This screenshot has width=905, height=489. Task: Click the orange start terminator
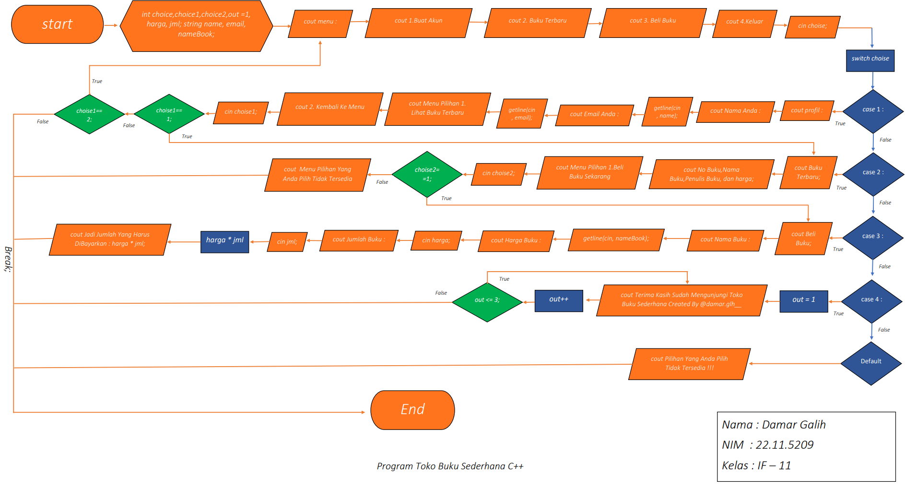57,24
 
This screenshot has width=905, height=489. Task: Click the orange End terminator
412,409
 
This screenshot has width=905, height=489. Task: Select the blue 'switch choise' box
870,60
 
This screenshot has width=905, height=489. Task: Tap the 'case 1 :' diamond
872,111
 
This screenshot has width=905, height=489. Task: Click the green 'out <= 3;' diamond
487,301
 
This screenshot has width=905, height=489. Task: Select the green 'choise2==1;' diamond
427,174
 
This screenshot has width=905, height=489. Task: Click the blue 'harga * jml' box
224,241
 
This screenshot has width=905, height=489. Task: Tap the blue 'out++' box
559,300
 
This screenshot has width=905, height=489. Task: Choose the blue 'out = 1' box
803,301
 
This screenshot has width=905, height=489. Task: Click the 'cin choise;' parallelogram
812,26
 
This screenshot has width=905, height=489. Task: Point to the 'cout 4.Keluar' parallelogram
744,23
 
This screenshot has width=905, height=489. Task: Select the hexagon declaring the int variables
196,25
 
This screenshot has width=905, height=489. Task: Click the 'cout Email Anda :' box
594,115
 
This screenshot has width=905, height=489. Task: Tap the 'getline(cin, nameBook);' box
616,239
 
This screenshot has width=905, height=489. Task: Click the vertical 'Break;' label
8,259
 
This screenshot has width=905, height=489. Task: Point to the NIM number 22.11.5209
784,445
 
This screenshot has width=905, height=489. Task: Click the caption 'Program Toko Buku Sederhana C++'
450,466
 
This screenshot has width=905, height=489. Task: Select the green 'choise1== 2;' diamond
89,114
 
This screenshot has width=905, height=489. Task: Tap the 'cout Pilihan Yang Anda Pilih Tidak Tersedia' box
689,364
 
